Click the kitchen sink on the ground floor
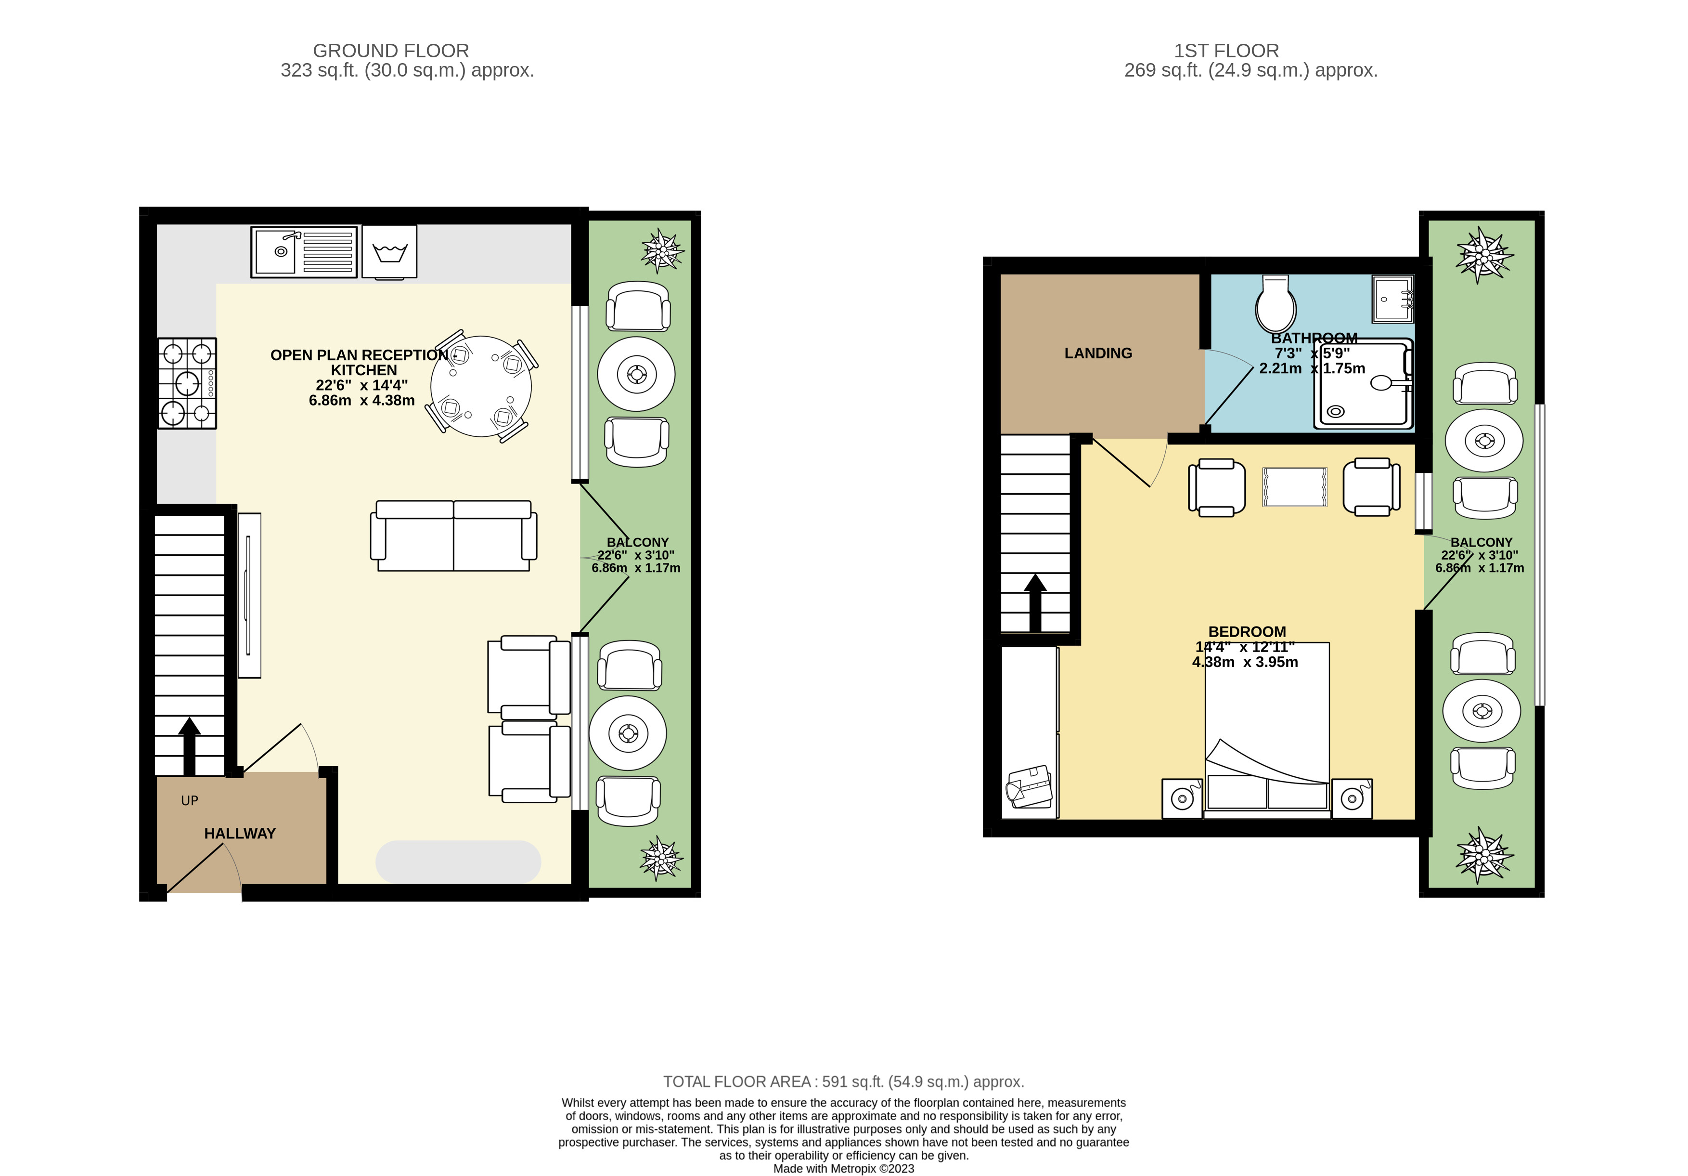304,251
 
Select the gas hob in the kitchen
187,383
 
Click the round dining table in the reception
481,386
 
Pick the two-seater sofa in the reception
453,536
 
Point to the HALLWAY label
240,833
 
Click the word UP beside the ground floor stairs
190,801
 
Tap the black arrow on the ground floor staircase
190,746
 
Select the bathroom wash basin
1392,299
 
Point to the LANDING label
1098,353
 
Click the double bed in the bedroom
1267,731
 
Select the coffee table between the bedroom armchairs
1295,487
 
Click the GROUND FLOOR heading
391,51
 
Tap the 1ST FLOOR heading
1226,51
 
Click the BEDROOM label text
1248,632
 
